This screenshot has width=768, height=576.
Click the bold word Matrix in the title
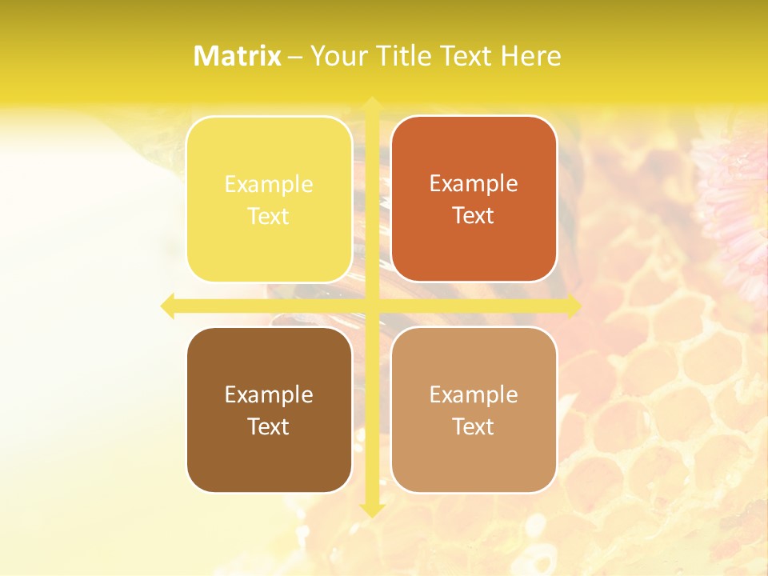click(x=238, y=56)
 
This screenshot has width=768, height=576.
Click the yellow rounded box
click(x=269, y=199)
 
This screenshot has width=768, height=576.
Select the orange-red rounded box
click(x=474, y=199)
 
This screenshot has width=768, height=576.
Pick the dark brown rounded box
click(x=269, y=410)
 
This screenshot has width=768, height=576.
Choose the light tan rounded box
click(x=474, y=410)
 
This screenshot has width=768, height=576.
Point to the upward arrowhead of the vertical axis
click(x=371, y=104)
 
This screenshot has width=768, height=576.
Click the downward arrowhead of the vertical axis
click(x=371, y=510)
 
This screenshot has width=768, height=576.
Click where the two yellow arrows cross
click(x=371, y=306)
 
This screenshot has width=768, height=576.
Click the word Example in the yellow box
click(x=269, y=185)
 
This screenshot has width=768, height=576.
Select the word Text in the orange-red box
click(x=474, y=216)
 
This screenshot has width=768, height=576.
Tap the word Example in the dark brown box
click(x=269, y=395)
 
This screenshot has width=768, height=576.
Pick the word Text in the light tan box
click(x=474, y=426)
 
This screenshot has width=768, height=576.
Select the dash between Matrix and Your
click(x=295, y=57)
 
